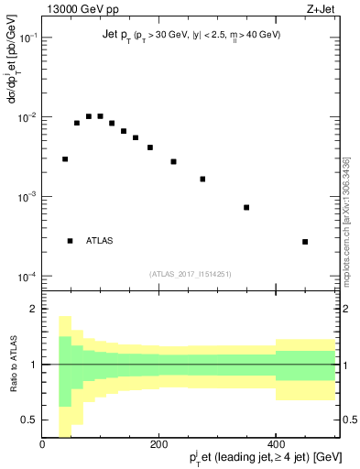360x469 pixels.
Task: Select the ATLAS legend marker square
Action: (x=70, y=241)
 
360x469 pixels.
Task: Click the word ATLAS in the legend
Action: (x=100, y=241)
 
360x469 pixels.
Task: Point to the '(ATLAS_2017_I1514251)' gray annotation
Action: (x=190, y=273)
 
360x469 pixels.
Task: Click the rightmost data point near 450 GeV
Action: (x=305, y=242)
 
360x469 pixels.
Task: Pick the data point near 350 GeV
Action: (x=246, y=207)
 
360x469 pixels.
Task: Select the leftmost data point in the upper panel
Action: (x=65, y=158)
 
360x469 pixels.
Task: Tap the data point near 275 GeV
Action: (x=202, y=179)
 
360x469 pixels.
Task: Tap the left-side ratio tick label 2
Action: (x=33, y=310)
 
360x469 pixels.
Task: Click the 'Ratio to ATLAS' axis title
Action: (x=12, y=364)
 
